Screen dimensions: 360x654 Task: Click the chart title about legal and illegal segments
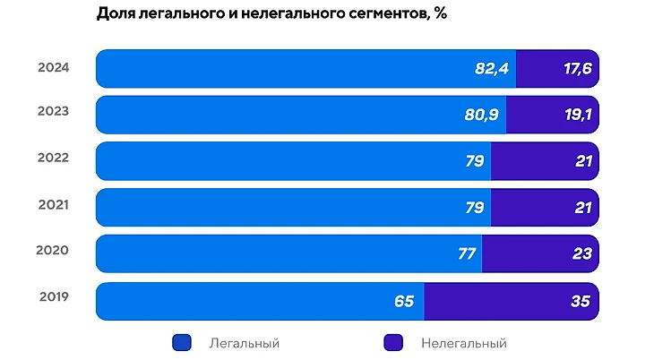click(271, 14)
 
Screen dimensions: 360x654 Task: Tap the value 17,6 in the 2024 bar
click(577, 69)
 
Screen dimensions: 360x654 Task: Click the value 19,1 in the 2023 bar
click(577, 115)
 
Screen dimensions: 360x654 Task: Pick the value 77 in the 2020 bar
click(466, 253)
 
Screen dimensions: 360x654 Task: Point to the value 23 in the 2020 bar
click(581, 253)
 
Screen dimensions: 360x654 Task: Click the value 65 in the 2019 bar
click(404, 300)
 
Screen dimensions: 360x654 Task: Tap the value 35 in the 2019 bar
click(581, 300)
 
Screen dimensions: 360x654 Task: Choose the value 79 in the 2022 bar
click(474, 161)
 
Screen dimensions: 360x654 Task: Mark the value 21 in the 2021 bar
click(582, 208)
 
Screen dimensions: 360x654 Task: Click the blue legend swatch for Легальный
click(181, 342)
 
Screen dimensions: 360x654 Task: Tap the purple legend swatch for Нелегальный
click(393, 342)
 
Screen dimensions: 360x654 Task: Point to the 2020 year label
click(53, 251)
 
